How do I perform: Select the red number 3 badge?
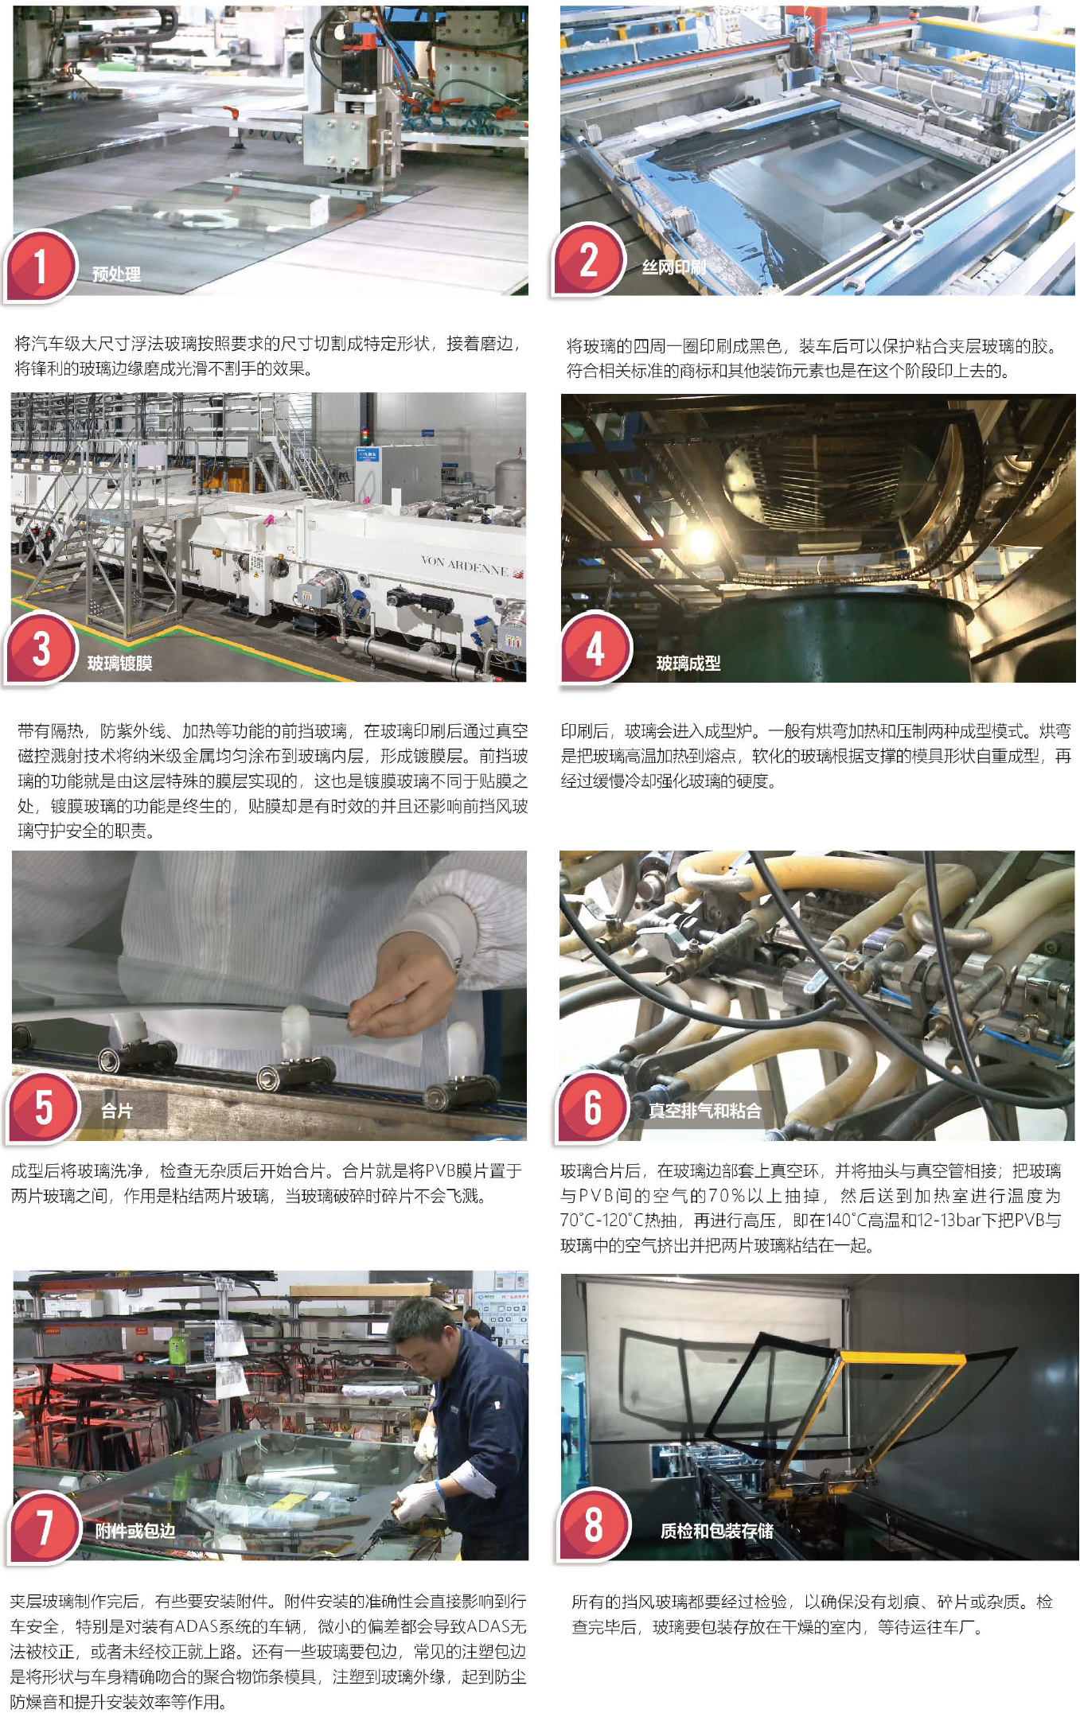(41, 648)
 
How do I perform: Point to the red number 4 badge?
(595, 648)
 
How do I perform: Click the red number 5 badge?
(44, 1107)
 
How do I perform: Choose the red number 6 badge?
(594, 1107)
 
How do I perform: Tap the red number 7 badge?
(45, 1527)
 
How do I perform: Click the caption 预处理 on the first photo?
(116, 275)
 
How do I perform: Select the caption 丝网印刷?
(673, 267)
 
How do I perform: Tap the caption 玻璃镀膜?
(119, 664)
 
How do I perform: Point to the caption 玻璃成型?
(688, 664)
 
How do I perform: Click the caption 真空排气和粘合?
(704, 1111)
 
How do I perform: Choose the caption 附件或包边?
(135, 1531)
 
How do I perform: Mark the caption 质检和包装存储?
(716, 1531)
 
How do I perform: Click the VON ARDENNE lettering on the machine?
(464, 566)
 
